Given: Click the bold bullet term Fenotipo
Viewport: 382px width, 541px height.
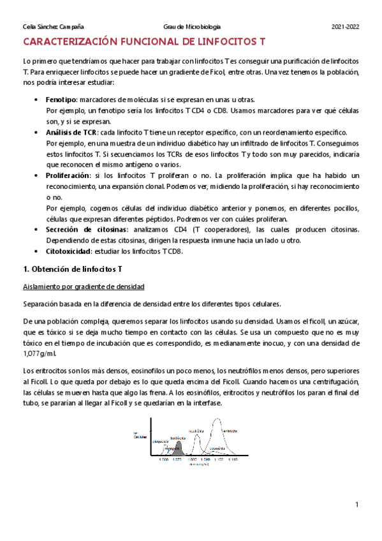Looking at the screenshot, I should (61, 100).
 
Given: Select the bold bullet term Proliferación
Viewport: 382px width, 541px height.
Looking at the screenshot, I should (69, 175).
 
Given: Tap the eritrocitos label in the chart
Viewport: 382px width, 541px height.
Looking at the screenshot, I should (229, 431).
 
